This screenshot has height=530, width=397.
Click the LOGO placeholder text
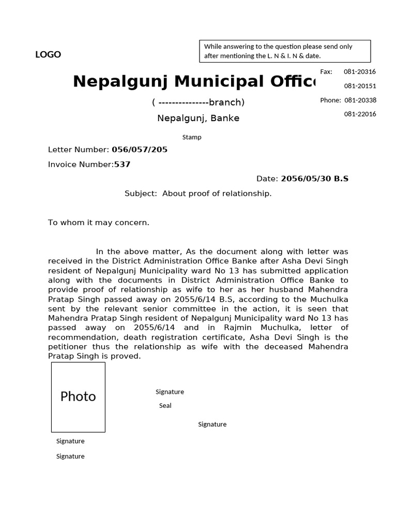point(48,54)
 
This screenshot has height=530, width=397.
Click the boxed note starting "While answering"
point(285,51)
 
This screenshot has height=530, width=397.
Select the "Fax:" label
point(326,71)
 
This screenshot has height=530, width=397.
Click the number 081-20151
point(360,86)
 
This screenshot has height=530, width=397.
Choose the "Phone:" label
point(330,100)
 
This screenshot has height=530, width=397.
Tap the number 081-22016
point(360,114)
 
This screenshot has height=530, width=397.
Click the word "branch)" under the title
point(226,102)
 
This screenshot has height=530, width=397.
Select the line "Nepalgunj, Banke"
point(198,118)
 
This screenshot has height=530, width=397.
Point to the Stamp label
point(192,137)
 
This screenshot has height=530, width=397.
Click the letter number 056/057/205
point(140,150)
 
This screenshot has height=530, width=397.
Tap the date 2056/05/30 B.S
point(314,179)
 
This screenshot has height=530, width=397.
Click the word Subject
point(140,193)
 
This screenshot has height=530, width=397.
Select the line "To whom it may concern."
point(98,222)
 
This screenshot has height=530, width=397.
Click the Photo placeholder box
point(78,397)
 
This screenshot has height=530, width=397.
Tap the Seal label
point(165,406)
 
